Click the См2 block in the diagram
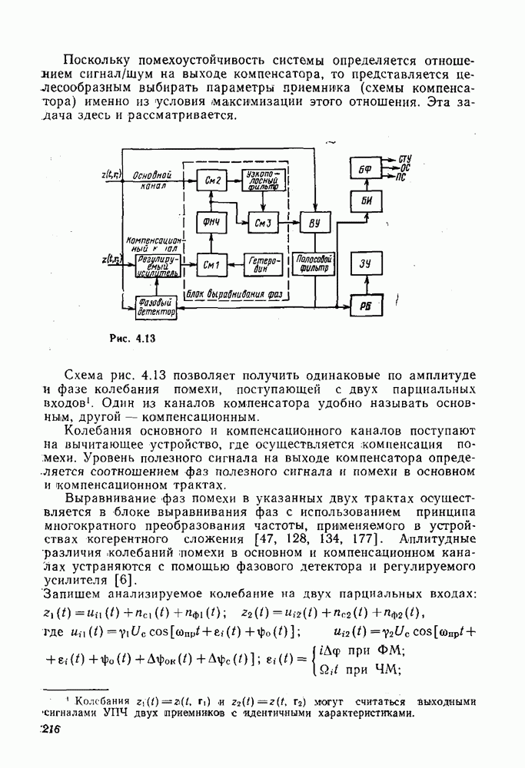[214, 180]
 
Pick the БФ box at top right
[365, 169]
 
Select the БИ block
[365, 201]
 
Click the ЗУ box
[365, 265]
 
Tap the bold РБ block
[365, 306]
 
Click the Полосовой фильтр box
[312, 264]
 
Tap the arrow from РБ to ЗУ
[365, 286]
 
